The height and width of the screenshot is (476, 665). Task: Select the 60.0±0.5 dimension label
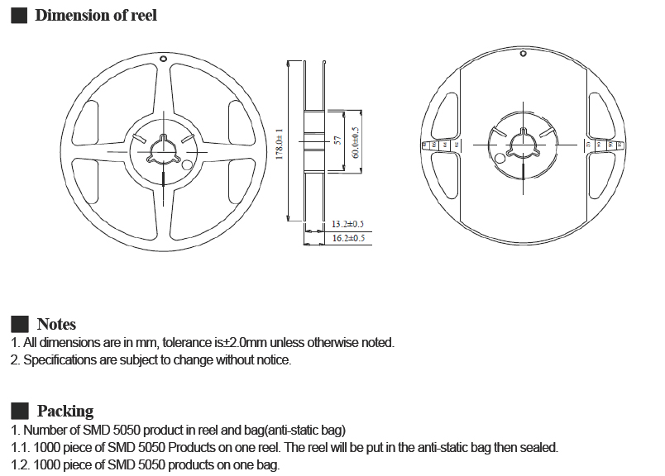coord(355,143)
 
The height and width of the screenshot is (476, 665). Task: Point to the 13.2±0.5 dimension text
coord(348,224)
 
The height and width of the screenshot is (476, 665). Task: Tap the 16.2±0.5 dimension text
coord(348,238)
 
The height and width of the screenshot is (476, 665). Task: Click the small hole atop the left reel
coord(164,60)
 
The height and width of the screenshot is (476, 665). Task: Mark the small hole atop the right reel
coord(524,54)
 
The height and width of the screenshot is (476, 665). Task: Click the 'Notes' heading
coord(56,324)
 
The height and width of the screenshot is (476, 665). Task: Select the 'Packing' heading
coord(65,411)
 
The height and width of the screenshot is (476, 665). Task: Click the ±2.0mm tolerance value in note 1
coord(237,343)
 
